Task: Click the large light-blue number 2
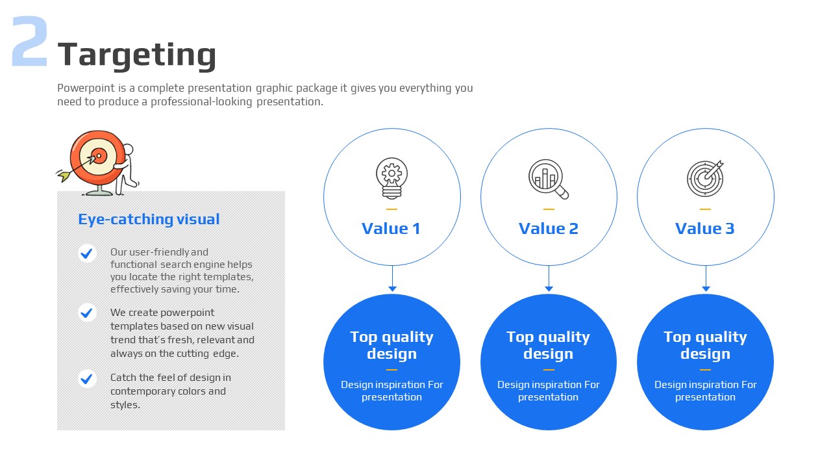pos(30,41)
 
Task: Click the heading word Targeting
pos(137,56)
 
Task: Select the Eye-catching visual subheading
pos(149,219)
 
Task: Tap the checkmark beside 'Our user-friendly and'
pos(87,253)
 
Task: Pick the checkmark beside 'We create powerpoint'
pos(87,313)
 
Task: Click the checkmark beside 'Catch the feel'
pos(87,378)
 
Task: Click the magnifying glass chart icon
pos(549,179)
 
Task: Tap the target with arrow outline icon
pos(705,178)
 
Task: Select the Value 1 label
pos(391,228)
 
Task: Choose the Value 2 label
pos(549,228)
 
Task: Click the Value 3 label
pos(705,228)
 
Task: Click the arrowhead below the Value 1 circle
pos(393,289)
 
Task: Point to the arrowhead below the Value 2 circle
pos(549,289)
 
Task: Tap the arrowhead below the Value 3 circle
pos(706,289)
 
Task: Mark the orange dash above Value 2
pos(549,209)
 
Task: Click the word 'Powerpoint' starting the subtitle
pos(86,88)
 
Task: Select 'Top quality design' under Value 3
pos(705,345)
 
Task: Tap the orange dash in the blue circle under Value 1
pos(391,370)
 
